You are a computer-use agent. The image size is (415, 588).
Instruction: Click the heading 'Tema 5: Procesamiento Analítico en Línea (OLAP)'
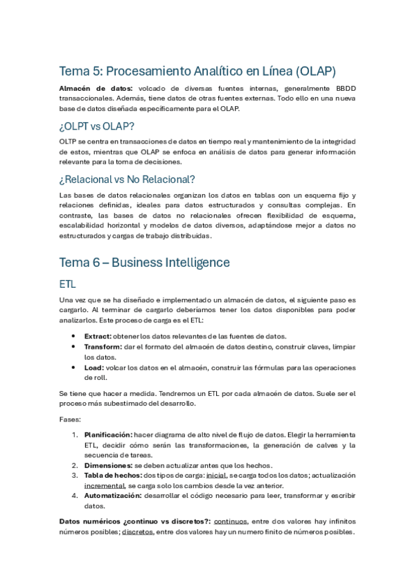197,71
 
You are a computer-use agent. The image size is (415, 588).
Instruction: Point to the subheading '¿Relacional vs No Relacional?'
127,179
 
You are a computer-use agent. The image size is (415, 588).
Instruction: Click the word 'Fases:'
70,420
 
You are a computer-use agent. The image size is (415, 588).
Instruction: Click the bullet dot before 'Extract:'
74,335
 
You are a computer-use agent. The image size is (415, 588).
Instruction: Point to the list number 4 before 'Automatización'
74,496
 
